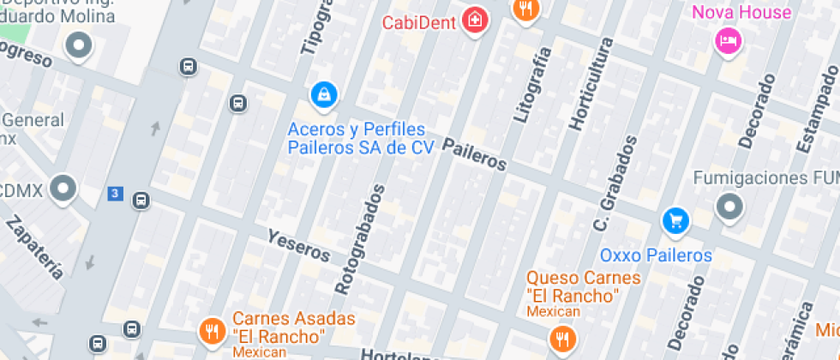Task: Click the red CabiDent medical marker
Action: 473,21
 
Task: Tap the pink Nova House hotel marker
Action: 728,39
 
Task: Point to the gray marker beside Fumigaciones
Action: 729,207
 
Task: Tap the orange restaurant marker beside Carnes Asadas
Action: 211,330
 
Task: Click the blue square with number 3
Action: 116,194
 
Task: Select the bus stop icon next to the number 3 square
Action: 141,201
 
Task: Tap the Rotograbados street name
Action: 360,239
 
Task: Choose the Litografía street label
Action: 530,84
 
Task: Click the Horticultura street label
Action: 588,95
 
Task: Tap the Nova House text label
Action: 741,12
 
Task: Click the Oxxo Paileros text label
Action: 656,255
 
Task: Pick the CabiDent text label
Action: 418,22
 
